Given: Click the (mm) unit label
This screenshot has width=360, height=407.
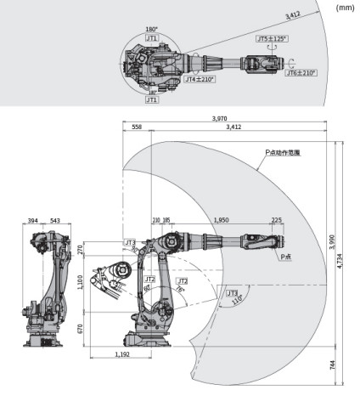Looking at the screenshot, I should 345,8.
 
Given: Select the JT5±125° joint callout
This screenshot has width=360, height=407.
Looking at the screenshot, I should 272,39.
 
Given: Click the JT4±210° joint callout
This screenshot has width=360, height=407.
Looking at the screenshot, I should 200,79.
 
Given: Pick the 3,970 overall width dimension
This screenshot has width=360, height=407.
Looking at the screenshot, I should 224,118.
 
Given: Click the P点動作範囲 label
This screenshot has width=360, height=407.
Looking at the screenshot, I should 284,154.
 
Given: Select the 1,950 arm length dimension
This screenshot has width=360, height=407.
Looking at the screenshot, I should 221,220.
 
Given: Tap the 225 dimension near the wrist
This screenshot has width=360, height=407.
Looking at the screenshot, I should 276,220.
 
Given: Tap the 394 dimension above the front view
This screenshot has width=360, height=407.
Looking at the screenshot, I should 31,221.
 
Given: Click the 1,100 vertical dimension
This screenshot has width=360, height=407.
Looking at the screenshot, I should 80,282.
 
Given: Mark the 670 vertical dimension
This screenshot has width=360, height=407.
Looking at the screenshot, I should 80,327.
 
